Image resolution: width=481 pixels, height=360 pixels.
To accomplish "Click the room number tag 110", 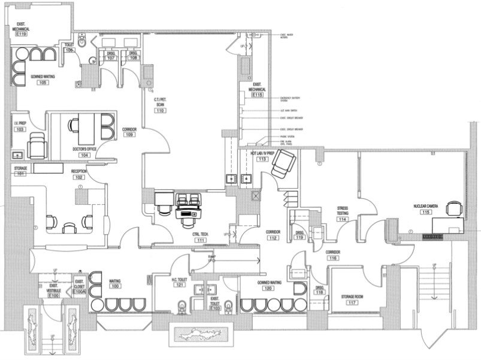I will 161,111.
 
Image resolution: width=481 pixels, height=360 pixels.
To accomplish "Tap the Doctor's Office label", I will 84,149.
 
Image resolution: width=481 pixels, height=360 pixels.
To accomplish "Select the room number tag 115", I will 426,212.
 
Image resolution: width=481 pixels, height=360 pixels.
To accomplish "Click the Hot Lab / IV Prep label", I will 262,154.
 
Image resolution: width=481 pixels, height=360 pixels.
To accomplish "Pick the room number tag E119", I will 22,34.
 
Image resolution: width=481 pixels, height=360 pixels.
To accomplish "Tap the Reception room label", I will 78,171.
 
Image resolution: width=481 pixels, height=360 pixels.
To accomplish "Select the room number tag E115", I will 258,95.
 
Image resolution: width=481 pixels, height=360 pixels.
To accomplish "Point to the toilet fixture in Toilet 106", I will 84,41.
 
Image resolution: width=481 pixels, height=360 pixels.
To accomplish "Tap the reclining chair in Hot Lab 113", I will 282,162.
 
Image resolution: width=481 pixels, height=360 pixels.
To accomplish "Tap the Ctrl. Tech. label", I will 200,234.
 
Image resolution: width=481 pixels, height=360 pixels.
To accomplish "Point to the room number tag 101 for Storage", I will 20,175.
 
